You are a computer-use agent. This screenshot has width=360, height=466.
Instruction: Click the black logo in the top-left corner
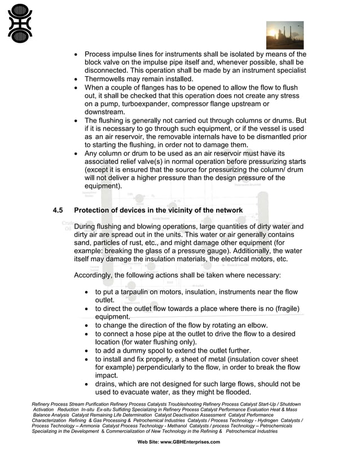20,23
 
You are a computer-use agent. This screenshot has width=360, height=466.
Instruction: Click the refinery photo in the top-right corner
285,35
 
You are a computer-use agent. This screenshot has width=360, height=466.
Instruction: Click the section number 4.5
58,210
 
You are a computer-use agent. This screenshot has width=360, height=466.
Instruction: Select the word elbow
254,326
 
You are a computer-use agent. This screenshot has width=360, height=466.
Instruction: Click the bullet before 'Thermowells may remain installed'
77,80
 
